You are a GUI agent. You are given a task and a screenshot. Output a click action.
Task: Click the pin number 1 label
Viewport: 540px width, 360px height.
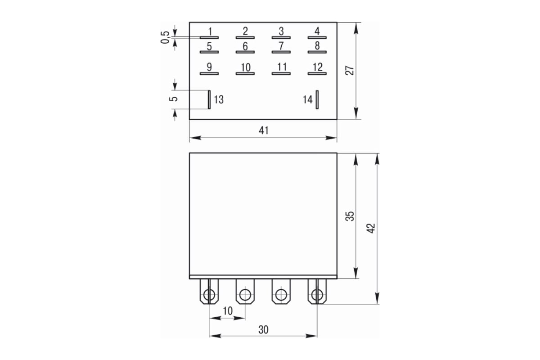209,31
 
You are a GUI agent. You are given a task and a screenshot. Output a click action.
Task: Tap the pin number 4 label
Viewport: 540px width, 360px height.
317,31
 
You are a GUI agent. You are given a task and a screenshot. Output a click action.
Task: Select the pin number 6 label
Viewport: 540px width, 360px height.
245,46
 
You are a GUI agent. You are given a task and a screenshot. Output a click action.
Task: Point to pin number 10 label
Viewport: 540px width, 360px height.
245,67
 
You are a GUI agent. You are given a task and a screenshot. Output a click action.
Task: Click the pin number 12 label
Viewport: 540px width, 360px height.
317,67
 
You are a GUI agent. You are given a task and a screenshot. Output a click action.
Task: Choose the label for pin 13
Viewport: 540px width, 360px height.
219,99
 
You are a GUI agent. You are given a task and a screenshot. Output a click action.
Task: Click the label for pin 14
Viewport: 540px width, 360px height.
307,99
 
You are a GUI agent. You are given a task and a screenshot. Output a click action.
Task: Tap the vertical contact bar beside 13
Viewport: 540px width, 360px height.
209,99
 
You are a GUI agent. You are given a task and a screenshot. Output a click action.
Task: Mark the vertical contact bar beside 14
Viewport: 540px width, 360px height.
317,99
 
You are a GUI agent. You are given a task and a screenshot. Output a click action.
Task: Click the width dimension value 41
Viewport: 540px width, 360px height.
264,130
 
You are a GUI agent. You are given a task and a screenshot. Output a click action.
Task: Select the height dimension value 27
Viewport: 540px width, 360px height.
350,71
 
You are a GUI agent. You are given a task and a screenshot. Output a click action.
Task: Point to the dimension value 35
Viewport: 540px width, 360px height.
350,216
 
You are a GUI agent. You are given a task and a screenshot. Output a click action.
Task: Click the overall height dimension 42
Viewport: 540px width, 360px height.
371,228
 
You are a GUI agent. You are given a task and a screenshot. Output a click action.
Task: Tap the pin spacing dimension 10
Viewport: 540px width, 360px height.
228,311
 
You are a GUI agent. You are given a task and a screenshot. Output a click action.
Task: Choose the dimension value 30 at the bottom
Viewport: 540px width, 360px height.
263,329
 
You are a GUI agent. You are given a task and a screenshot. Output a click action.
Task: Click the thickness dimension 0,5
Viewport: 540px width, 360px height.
165,37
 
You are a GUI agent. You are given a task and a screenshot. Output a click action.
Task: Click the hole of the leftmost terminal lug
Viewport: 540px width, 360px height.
209,295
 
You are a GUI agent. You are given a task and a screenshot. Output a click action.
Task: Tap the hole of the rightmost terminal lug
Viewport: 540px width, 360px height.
317,295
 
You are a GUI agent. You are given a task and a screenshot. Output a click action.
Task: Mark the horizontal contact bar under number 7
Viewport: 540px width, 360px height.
281,52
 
